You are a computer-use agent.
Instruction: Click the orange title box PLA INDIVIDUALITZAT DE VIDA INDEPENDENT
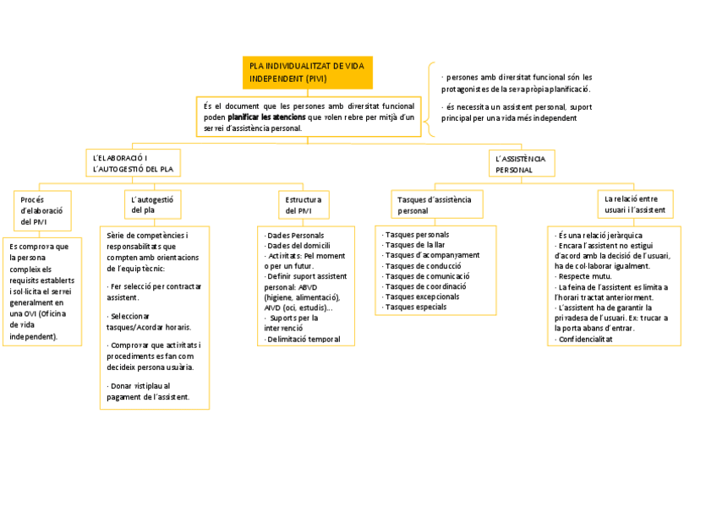[307, 73]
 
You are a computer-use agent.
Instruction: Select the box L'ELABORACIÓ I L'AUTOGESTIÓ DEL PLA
[134, 164]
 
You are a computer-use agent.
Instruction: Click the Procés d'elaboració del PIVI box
[41, 210]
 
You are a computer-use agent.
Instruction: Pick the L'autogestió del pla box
[153, 204]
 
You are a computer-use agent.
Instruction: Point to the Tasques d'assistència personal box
[435, 204]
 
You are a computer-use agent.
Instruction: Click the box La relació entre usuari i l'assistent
[634, 204]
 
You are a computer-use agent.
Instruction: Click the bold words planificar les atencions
[266, 117]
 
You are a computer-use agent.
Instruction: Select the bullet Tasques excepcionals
[422, 297]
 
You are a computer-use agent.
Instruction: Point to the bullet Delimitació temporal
[303, 339]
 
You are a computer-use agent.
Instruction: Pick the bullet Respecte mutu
[584, 276]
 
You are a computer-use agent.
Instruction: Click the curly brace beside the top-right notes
[431, 100]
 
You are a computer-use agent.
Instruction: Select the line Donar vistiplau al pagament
[149, 390]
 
